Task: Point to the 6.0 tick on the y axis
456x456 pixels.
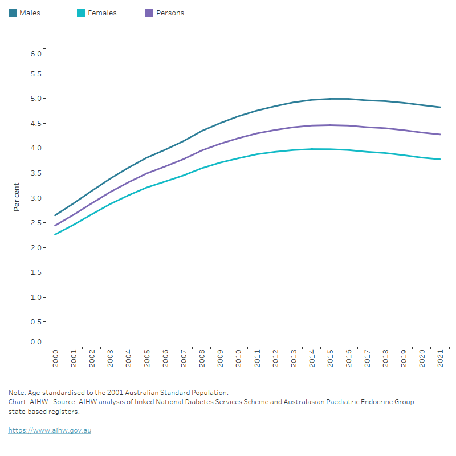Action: [x=36, y=54]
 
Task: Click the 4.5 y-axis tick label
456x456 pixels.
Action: [x=36, y=123]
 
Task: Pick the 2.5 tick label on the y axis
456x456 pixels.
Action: [x=36, y=222]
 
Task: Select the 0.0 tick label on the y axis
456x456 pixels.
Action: [x=36, y=342]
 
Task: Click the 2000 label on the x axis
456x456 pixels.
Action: [x=55, y=359]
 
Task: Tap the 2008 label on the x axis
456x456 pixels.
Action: [x=201, y=359]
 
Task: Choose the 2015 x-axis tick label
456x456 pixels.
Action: [x=329, y=359]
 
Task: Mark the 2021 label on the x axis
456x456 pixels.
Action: [x=439, y=359]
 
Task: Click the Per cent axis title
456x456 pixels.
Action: [x=17, y=197]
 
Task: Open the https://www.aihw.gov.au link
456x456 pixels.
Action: [x=50, y=430]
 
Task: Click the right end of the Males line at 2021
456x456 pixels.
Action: [x=440, y=107]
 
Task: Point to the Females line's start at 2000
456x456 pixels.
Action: [x=55, y=234]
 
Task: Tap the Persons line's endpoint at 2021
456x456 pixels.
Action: [x=440, y=135]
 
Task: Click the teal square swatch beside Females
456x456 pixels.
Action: [x=81, y=13]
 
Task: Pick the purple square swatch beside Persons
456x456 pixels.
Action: [x=149, y=13]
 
